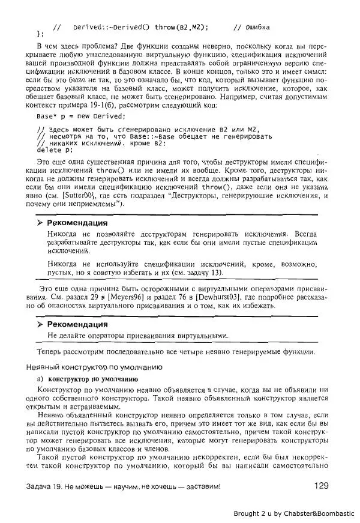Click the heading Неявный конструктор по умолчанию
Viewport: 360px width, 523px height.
tap(94, 366)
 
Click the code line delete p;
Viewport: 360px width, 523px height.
tap(54, 150)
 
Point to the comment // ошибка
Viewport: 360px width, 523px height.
tap(251, 27)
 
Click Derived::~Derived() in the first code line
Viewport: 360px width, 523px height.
tap(112, 27)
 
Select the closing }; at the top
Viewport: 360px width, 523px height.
tap(40, 34)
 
